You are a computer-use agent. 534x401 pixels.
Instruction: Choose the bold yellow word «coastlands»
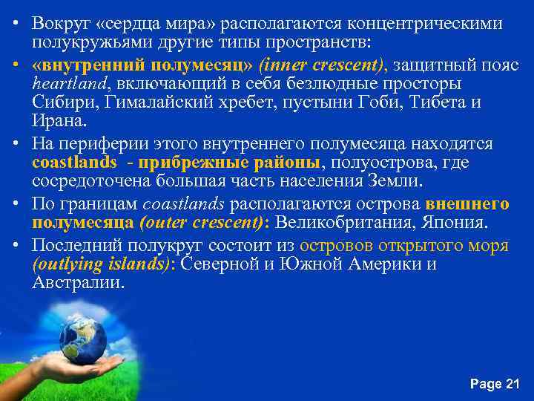(74, 162)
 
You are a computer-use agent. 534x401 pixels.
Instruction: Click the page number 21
(512, 384)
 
